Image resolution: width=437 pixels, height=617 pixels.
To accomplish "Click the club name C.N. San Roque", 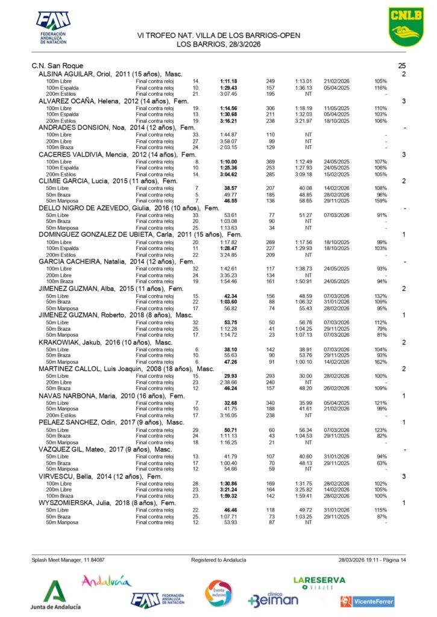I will [57, 65].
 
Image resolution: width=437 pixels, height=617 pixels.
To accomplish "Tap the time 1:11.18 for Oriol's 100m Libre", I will [228, 81].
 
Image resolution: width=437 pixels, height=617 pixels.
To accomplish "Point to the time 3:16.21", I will [228, 121].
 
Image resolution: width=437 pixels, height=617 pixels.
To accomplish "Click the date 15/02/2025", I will [337, 174].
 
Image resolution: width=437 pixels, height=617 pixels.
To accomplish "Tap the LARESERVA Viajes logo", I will [319, 583].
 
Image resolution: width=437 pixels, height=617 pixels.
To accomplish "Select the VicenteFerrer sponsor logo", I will [367, 601].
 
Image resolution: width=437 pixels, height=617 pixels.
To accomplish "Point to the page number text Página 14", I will [391, 560].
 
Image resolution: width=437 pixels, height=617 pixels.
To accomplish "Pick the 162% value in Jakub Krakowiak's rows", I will [380, 362].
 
